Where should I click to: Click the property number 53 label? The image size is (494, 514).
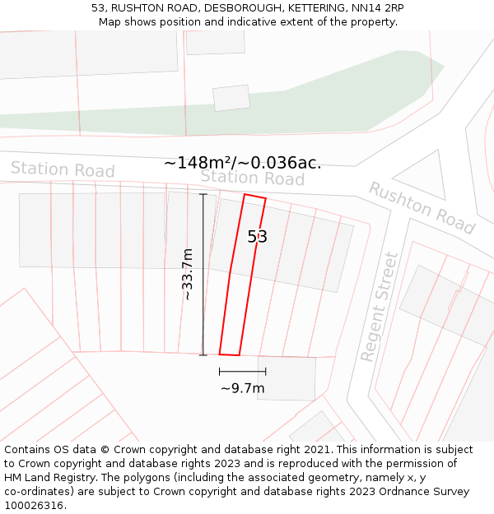point(257,237)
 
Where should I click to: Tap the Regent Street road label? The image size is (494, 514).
point(380,307)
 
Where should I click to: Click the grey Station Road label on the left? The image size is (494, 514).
point(63,170)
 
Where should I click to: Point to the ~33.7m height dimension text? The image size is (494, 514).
point(188,274)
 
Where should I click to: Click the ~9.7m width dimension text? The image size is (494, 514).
point(243,388)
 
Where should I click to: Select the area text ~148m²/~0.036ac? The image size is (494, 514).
point(243,163)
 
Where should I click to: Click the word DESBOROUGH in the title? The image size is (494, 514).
point(243,8)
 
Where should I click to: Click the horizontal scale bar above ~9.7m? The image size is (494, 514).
point(242,372)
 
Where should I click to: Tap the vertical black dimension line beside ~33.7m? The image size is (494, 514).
point(203,274)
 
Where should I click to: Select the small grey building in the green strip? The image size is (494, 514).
point(231,98)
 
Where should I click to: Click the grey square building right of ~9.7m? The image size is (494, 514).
point(287,378)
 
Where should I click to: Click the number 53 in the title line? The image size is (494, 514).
point(98,8)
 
